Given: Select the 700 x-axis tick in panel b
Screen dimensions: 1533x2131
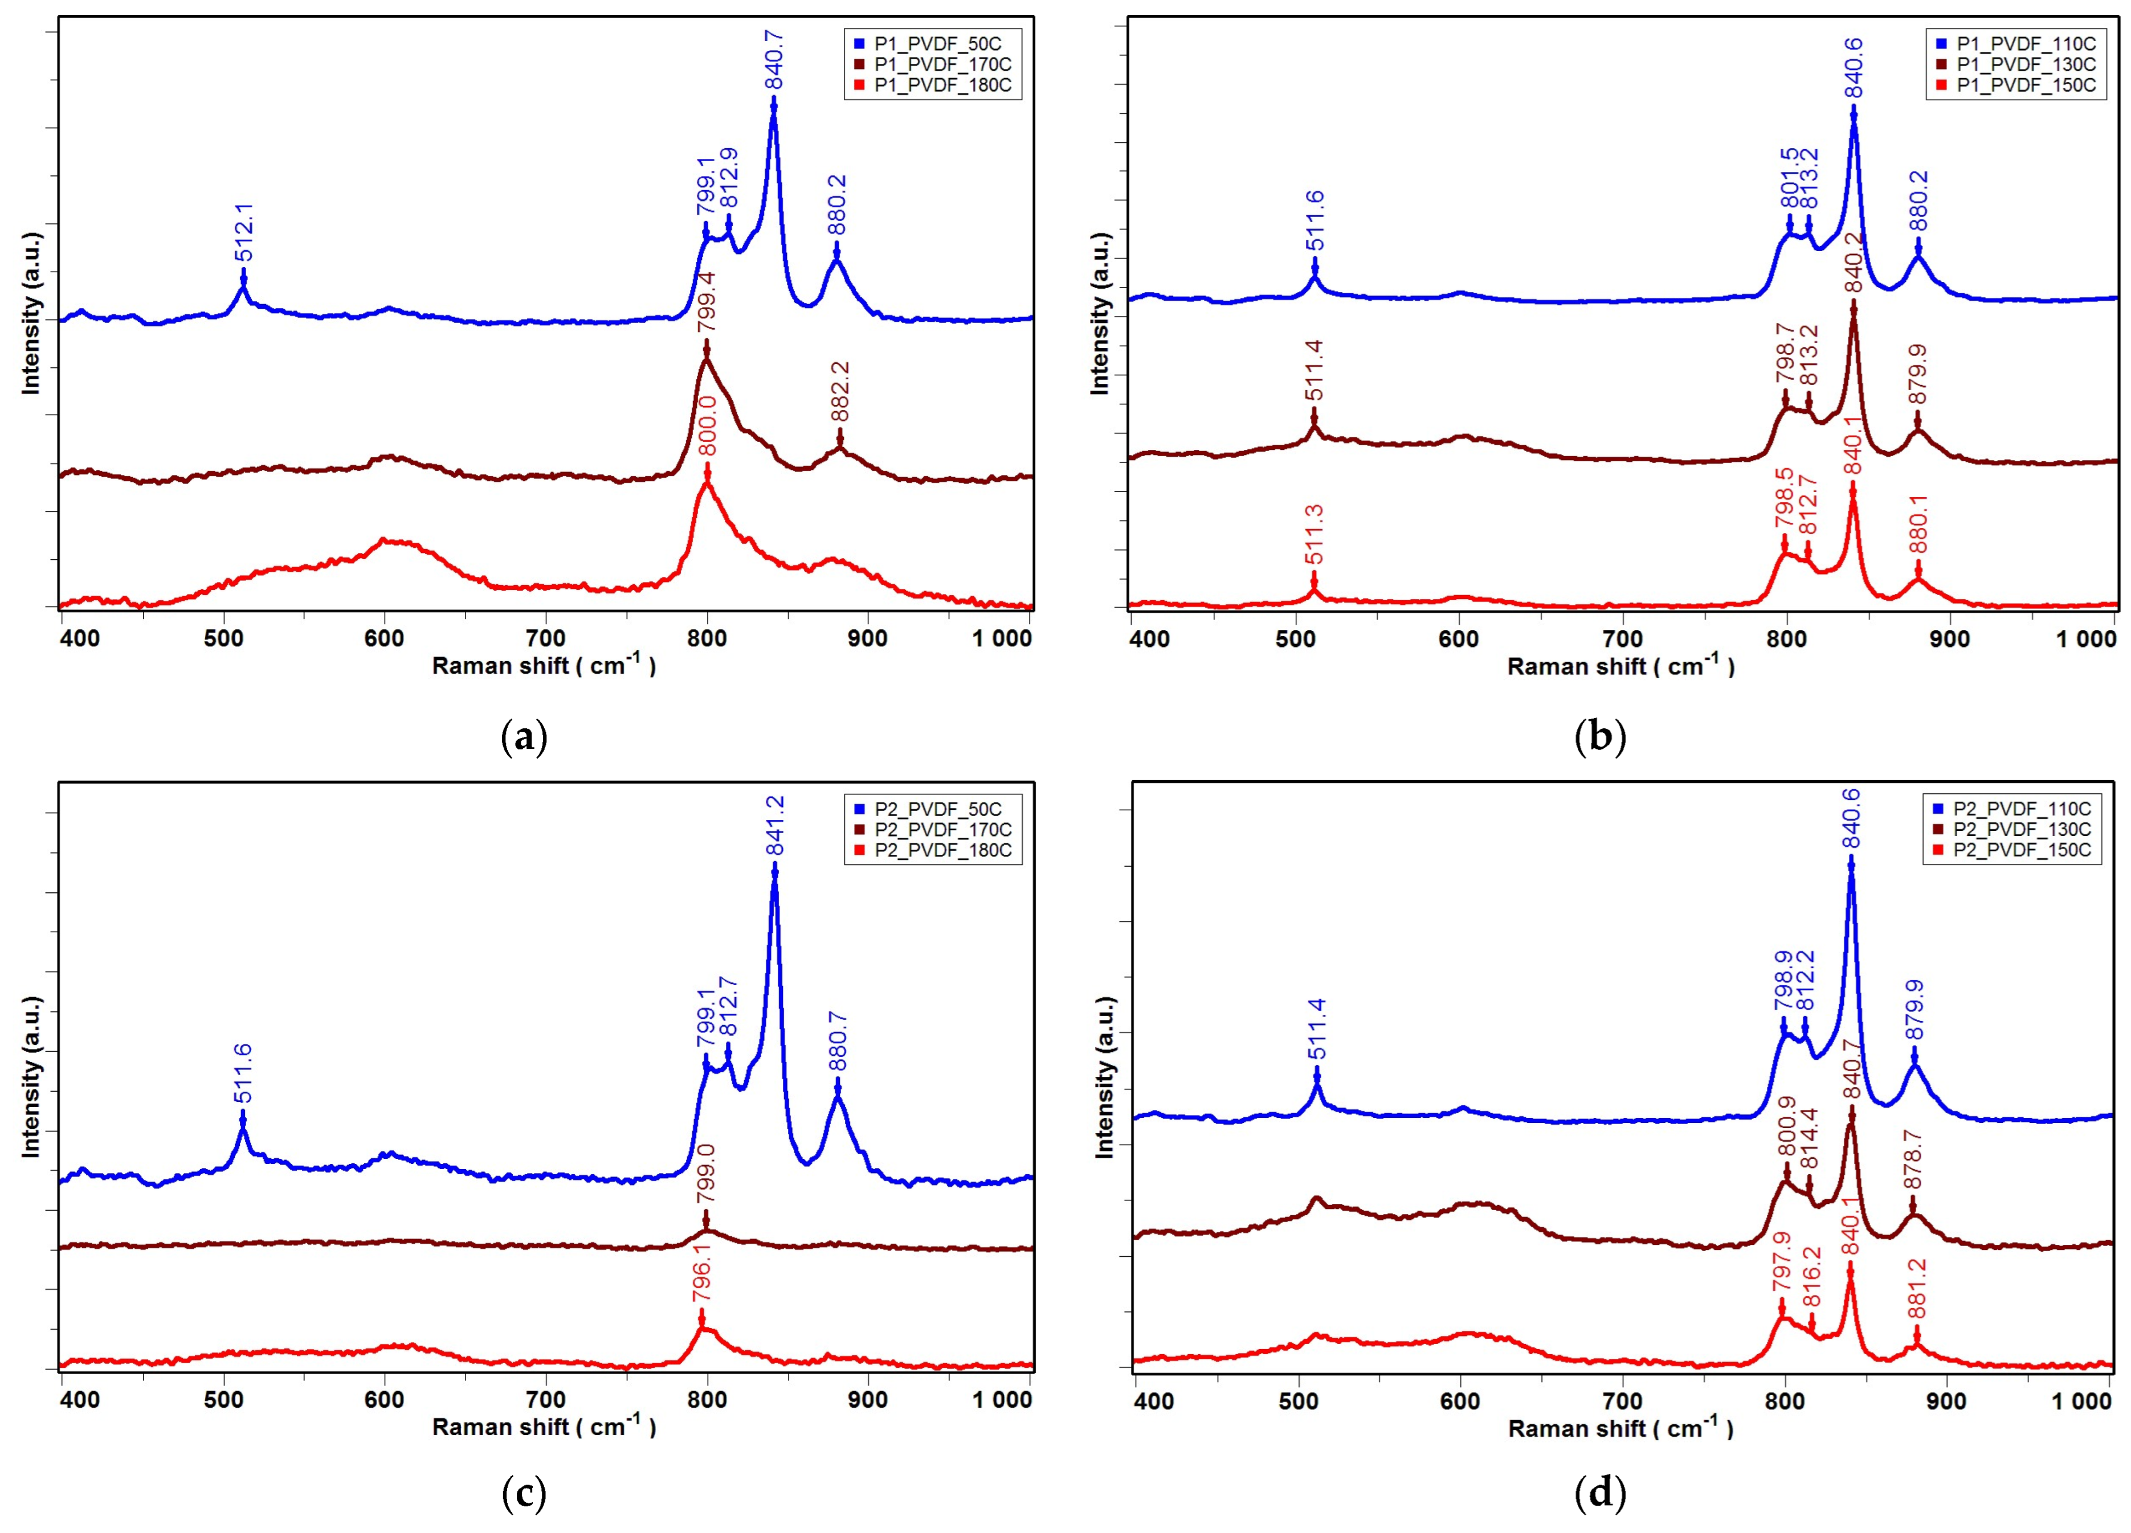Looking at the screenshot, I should coord(1622,640).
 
